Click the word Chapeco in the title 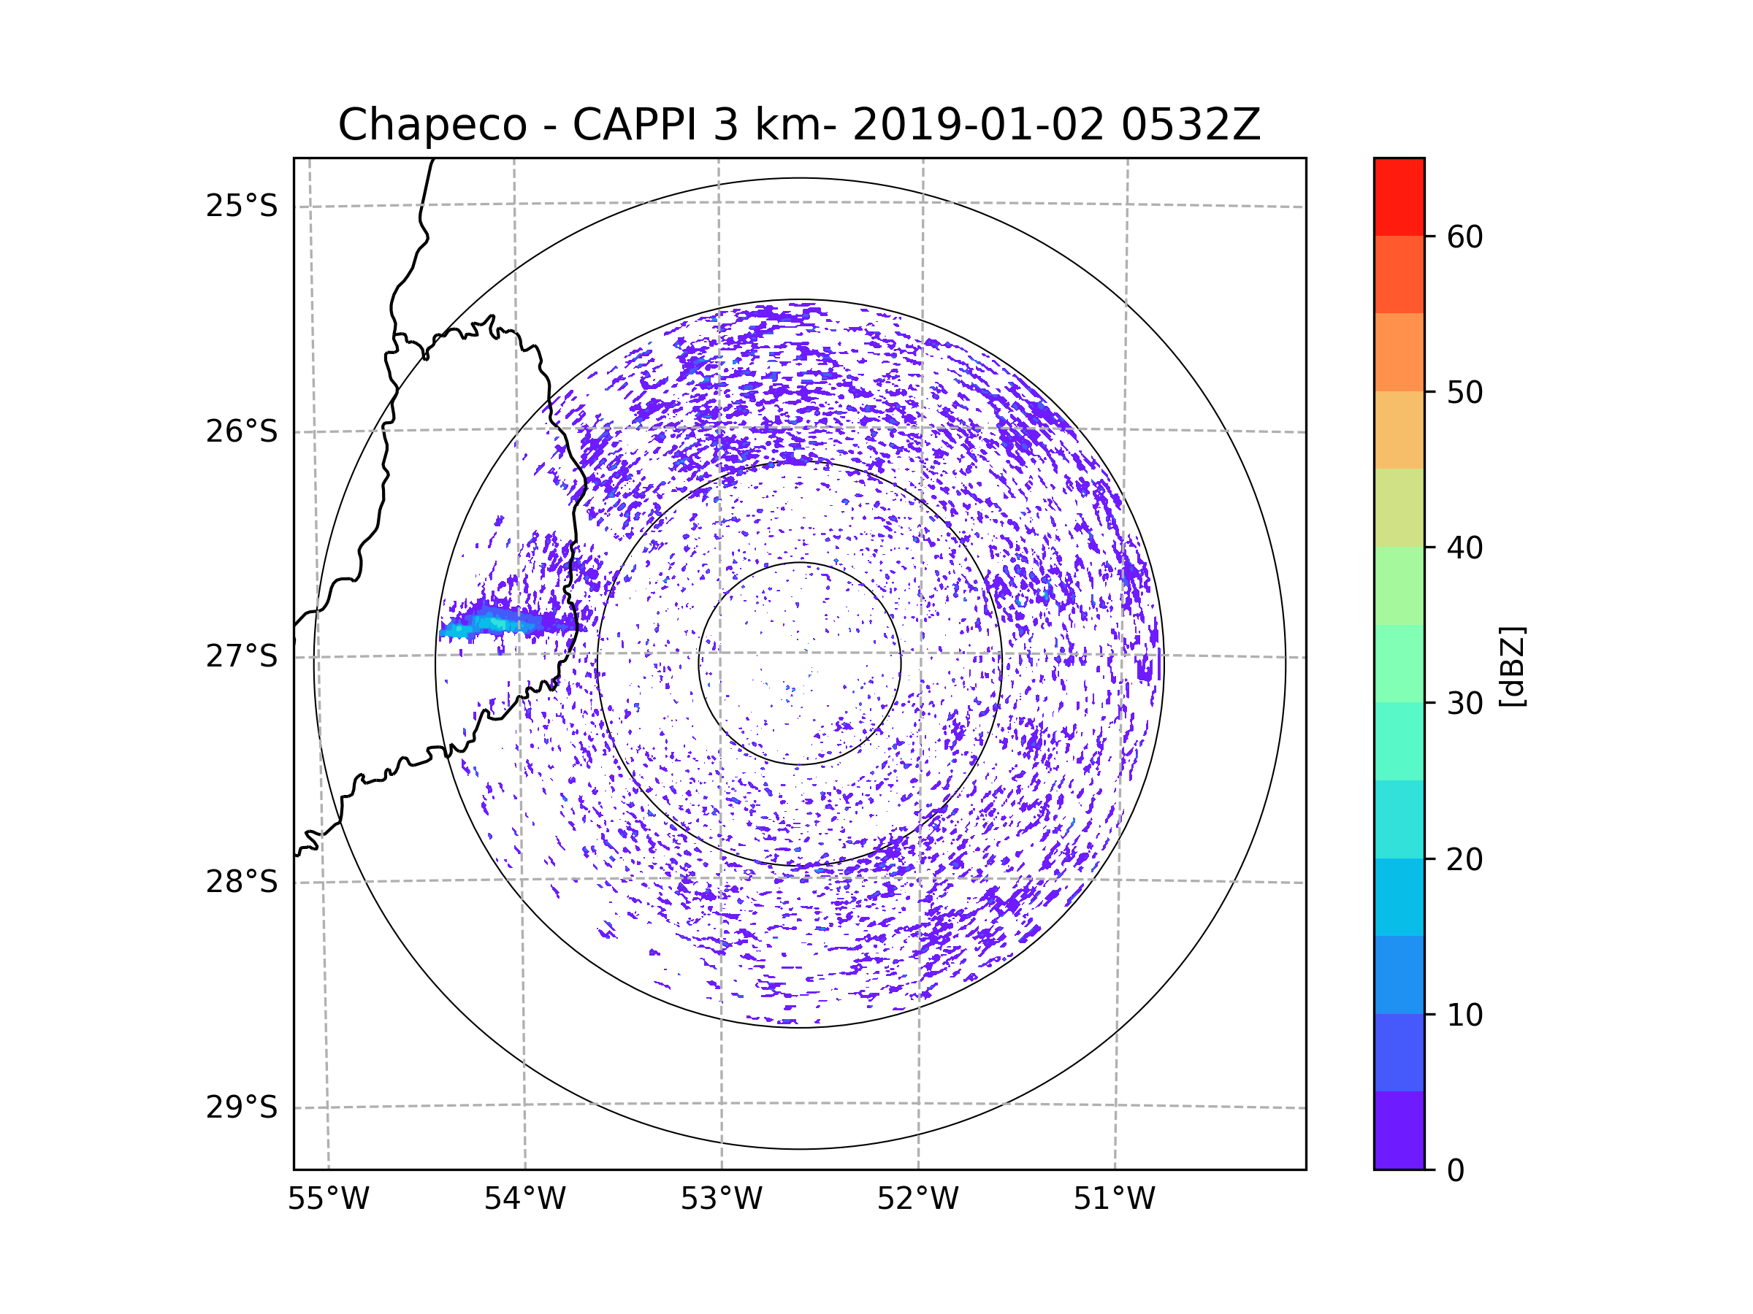(x=432, y=125)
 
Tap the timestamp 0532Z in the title (x=1191, y=125)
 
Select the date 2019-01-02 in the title (x=978, y=125)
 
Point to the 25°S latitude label (x=242, y=206)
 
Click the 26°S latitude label (x=242, y=431)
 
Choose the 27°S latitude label (x=242, y=656)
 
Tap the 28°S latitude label (x=242, y=882)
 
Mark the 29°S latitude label (x=242, y=1107)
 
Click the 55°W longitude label (x=328, y=1199)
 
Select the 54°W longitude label (x=524, y=1199)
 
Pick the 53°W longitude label (x=721, y=1199)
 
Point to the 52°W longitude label (x=917, y=1199)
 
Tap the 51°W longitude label (x=1114, y=1199)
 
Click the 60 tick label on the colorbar (x=1464, y=237)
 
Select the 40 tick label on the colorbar (x=1464, y=548)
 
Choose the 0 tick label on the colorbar (x=1456, y=1171)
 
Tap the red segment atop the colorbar (x=1399, y=196)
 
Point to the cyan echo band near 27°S (x=492, y=624)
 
